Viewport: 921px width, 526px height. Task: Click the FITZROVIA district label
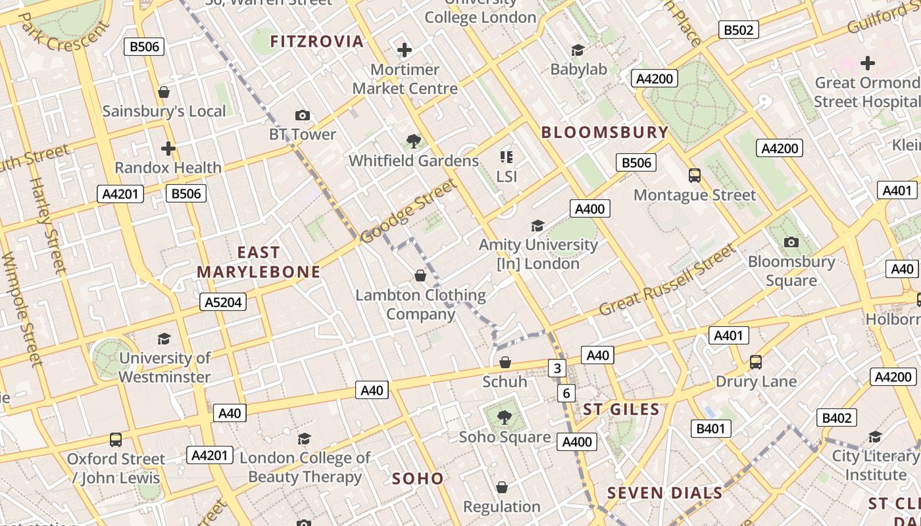pos(316,41)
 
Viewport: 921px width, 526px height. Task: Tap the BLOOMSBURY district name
pos(605,132)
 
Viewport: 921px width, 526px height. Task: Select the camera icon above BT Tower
pos(303,116)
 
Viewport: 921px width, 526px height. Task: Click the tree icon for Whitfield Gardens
pos(414,141)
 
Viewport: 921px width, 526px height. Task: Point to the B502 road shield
pos(738,30)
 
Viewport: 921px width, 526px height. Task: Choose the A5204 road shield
pos(223,302)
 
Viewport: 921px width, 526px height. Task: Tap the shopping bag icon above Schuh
pos(505,362)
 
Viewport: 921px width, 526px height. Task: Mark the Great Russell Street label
pos(667,279)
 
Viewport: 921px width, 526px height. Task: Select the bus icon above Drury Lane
pos(756,362)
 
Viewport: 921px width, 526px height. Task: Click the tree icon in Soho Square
pos(505,417)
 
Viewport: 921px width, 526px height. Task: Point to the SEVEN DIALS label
pos(664,493)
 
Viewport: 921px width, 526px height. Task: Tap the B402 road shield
pos(837,418)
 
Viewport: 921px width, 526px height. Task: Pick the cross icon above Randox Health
pos(168,149)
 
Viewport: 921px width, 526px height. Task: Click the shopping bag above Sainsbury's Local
pos(164,92)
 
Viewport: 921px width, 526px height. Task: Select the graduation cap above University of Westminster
pos(164,339)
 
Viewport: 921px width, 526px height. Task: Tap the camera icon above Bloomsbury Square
pos(791,242)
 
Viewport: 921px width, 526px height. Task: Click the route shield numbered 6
pos(566,393)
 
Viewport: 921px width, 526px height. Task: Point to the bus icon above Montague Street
pos(695,176)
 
